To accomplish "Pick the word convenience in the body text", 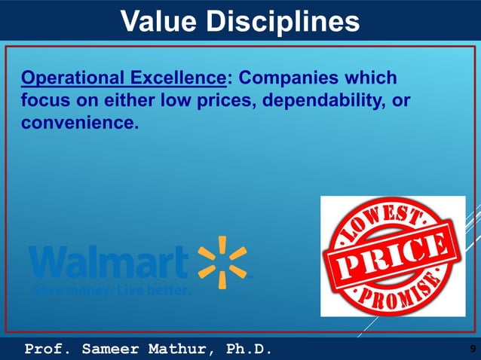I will pos(80,121).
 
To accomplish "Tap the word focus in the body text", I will pos(45,100).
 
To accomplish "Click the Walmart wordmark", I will pos(109,263).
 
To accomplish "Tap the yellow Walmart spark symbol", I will pos(222,262).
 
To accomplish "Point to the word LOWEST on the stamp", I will pos(385,222).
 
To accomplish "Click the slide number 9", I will pos(472,349).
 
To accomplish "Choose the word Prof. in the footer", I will pos(50,349).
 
